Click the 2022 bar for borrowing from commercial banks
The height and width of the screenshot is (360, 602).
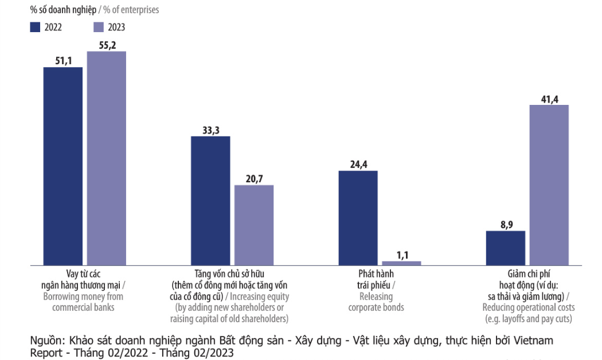pos(63,166)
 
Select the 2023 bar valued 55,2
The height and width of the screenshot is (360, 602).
pos(107,158)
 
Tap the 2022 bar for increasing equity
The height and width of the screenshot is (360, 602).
pos(210,200)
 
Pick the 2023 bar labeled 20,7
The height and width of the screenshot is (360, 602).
pos(254,225)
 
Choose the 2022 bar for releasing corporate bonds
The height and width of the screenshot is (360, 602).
pos(358,217)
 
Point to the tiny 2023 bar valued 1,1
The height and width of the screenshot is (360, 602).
pos(401,263)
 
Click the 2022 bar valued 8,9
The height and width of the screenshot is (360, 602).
pos(505,248)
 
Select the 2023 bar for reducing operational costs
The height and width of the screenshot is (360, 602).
pos(549,185)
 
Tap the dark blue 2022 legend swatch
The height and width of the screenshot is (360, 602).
pos(35,26)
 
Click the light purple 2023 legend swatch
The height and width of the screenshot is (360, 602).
pos(98,26)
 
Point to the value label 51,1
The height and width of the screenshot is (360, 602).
pos(63,60)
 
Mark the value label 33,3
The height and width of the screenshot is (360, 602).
pos(210,130)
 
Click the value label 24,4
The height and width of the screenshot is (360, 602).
pos(358,164)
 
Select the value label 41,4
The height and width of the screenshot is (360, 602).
pos(549,98)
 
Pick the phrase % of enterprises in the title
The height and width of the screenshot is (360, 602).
pos(131,10)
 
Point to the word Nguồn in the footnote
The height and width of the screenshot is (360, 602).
pos(45,341)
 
